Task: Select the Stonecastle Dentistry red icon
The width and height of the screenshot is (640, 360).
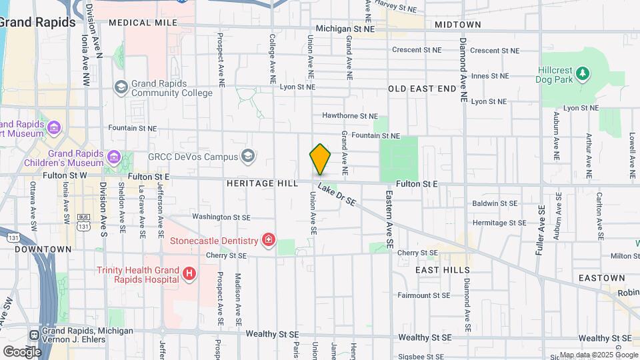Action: pos(269,240)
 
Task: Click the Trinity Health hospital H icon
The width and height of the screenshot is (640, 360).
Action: pos(189,273)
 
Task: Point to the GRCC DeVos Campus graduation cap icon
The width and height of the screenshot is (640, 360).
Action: pos(248,157)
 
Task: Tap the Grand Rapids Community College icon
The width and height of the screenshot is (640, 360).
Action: pos(121,87)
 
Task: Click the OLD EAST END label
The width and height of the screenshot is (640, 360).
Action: pos(422,89)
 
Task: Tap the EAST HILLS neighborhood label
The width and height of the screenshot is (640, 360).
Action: pos(443,270)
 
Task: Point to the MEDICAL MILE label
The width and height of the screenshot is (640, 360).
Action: pos(143,23)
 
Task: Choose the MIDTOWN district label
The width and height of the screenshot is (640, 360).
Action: pos(457,25)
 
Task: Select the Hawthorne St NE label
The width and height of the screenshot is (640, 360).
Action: pos(350,115)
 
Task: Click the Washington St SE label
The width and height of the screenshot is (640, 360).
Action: pos(221,217)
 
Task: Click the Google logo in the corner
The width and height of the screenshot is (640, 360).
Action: pos(22,351)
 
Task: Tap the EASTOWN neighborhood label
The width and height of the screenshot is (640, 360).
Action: pos(583,277)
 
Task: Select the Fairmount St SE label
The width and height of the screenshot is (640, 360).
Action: pos(424,295)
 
